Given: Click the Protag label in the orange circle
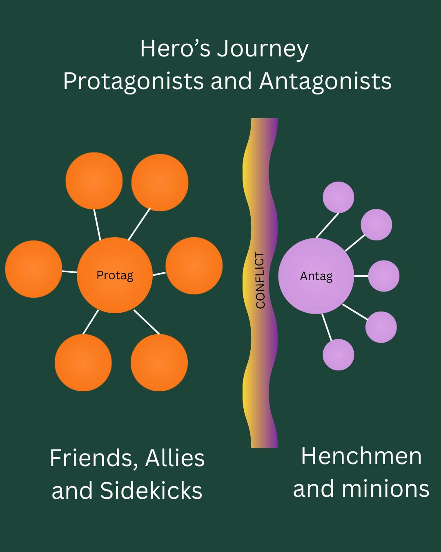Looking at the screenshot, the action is [115, 275].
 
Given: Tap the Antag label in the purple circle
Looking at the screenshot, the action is [316, 276].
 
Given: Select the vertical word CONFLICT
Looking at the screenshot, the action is [260, 280].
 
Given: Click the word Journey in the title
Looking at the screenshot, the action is [263, 49].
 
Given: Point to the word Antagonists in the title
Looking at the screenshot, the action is [325, 81].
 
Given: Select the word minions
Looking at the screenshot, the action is [385, 489].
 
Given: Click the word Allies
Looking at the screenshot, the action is [175, 458].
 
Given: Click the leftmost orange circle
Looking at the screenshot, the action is [33, 269].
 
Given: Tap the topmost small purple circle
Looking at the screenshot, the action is [338, 197].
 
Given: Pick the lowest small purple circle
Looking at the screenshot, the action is [338, 355].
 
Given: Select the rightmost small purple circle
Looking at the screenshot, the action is [384, 276].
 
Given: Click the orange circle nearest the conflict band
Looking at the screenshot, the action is [194, 266].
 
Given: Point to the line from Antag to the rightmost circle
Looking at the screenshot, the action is [361, 276].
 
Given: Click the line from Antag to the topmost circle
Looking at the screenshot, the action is [327, 225].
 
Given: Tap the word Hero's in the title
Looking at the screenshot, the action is [175, 49].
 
